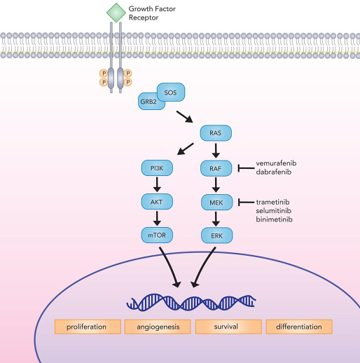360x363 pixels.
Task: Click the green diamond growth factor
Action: (x=116, y=13)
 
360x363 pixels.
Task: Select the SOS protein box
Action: (x=171, y=93)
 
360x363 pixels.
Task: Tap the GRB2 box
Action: (x=148, y=102)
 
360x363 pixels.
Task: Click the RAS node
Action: (x=216, y=133)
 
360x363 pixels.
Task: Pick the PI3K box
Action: (x=157, y=168)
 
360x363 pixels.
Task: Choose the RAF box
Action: (x=216, y=168)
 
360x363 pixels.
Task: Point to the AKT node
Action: (x=157, y=202)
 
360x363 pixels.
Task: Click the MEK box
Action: (x=216, y=203)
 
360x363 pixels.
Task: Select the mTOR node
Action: (x=157, y=235)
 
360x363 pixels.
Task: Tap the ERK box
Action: (x=216, y=235)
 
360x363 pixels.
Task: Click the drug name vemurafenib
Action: (x=276, y=163)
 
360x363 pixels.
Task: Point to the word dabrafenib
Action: (x=274, y=172)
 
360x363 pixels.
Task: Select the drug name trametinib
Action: (x=272, y=202)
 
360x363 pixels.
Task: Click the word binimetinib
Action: (x=274, y=219)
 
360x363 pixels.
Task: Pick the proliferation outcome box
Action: (x=88, y=327)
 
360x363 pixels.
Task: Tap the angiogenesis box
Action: (x=158, y=327)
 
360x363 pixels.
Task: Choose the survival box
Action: (x=228, y=327)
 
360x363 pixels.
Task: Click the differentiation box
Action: (x=299, y=327)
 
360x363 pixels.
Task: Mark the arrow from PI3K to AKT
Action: (x=157, y=184)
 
